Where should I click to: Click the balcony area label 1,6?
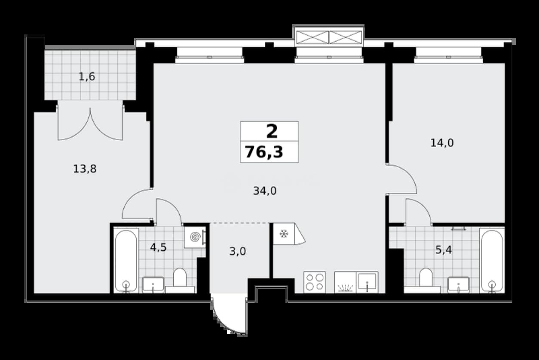tap(87, 77)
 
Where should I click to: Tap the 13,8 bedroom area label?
tap(85, 169)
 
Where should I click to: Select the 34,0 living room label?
tap(265, 191)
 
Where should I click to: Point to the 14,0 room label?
tap(442, 143)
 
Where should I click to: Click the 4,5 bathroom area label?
tap(158, 247)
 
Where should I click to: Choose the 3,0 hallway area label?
tap(238, 252)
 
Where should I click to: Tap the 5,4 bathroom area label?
tap(444, 250)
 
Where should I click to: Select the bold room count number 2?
tap(272, 132)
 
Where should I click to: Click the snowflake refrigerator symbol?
tap(284, 234)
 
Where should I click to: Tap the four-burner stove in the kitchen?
tap(315, 282)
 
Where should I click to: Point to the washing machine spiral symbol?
tap(195, 237)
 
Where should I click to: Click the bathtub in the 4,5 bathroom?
tap(126, 261)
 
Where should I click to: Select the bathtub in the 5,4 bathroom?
tap(492, 261)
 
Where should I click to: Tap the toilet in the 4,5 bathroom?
tap(180, 280)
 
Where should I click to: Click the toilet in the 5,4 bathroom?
tap(426, 280)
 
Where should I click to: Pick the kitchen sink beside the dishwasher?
tap(367, 282)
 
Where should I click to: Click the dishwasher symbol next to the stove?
tap(345, 282)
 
